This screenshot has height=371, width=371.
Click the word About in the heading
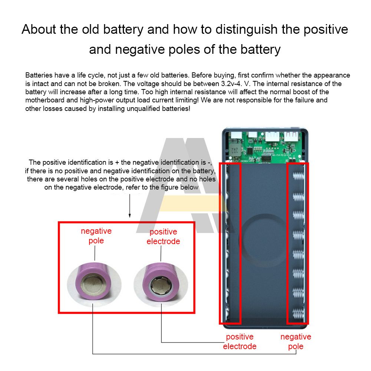39,29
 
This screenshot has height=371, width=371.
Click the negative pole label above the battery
96,236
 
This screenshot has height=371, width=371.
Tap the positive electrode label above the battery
163,237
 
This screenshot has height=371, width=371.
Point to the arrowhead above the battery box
129,215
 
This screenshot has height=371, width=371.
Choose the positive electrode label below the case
240,342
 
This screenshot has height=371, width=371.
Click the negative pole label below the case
296,342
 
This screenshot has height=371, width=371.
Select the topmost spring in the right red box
298,176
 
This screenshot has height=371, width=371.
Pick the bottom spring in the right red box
298,312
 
